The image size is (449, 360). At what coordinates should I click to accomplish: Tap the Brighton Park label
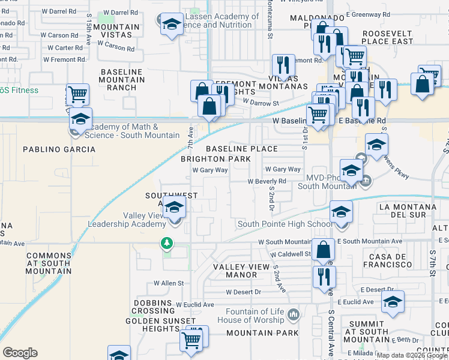[216, 159]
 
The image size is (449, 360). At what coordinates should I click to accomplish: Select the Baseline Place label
[242, 149]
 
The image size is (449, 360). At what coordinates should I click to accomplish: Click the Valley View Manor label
[241, 271]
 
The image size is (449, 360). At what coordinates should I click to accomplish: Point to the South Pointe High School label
[283, 224]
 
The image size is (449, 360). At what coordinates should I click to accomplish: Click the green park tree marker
[166, 244]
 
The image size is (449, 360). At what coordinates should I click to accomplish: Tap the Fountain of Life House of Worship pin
[294, 314]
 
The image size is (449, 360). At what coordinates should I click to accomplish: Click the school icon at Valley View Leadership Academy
[174, 208]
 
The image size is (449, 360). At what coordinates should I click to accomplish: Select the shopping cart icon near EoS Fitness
[77, 94]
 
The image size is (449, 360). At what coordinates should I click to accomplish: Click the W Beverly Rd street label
[267, 181]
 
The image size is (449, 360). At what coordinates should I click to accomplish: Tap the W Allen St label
[168, 283]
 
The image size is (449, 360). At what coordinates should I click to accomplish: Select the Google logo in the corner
[20, 353]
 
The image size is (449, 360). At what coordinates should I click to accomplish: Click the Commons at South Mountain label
[49, 259]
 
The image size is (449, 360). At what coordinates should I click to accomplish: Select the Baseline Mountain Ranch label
[122, 80]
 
